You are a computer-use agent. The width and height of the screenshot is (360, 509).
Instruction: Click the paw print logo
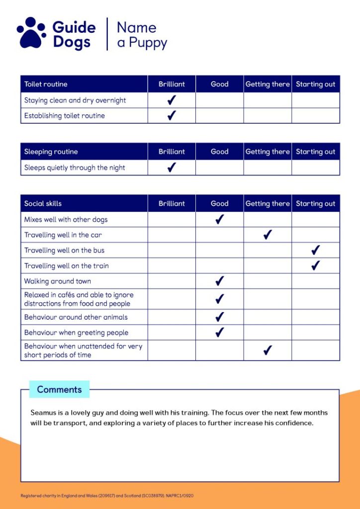[x=31, y=33]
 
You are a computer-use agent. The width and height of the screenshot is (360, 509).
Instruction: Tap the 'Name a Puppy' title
[x=142, y=34]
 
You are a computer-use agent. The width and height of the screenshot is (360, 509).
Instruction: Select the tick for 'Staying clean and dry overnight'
[x=172, y=100]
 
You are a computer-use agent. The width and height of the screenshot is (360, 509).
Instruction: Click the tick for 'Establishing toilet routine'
[x=172, y=116]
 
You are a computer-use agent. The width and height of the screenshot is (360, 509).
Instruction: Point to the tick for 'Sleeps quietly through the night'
[x=172, y=168]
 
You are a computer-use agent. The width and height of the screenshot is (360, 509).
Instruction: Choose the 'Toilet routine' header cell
[x=46, y=84]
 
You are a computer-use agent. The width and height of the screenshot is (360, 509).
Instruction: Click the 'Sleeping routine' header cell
[x=51, y=152]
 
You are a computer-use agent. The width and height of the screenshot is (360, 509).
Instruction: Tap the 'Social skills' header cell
[x=43, y=203]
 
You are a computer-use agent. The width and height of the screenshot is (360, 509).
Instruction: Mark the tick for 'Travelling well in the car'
[x=268, y=235]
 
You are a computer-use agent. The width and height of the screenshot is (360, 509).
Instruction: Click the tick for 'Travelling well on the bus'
[x=315, y=250]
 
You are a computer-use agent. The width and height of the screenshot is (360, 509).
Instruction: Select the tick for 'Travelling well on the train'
[x=315, y=265]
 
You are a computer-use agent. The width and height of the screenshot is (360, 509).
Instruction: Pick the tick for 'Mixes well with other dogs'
[x=219, y=219]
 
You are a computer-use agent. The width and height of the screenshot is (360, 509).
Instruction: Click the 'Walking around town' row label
[x=58, y=281]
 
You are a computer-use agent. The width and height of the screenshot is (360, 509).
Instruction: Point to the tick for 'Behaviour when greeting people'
[x=219, y=333]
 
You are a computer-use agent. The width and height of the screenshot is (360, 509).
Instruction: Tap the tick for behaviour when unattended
[x=268, y=350]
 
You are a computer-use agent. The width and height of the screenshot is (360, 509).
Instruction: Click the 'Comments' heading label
[x=59, y=389]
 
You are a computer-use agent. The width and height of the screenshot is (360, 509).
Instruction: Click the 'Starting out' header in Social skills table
[x=316, y=203]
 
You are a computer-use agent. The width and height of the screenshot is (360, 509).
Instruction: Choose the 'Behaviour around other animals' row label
[x=76, y=317]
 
